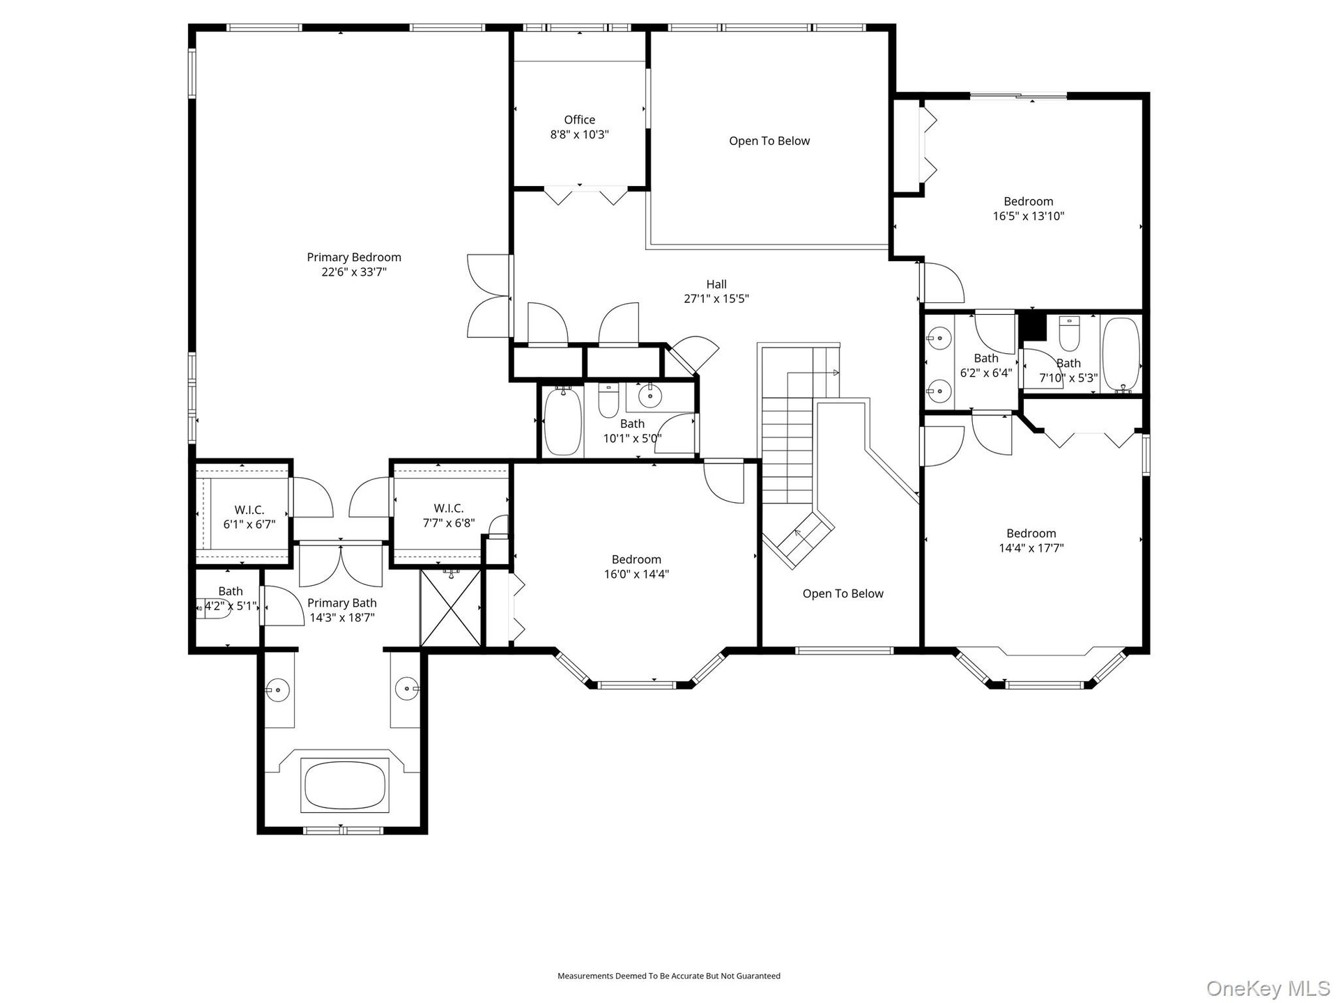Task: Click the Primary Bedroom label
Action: pos(354,257)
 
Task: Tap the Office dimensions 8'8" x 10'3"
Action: pos(580,134)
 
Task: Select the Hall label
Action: pos(716,284)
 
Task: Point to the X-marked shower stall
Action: pos(451,608)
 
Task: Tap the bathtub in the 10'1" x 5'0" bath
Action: pos(562,422)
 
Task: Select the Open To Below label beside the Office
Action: pos(769,141)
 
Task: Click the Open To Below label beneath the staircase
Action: pos(843,593)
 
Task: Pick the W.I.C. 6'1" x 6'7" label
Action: pos(249,517)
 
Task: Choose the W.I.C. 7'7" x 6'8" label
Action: pos(449,515)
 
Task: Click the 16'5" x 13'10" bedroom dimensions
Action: pos(1029,216)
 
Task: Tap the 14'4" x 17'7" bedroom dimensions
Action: pos(1031,548)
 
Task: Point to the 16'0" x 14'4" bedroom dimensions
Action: pos(637,575)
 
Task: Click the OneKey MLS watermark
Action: pos(1268,988)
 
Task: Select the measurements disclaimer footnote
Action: pos(669,976)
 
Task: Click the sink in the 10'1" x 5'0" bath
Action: pos(650,396)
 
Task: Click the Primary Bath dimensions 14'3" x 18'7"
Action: pos(342,618)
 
